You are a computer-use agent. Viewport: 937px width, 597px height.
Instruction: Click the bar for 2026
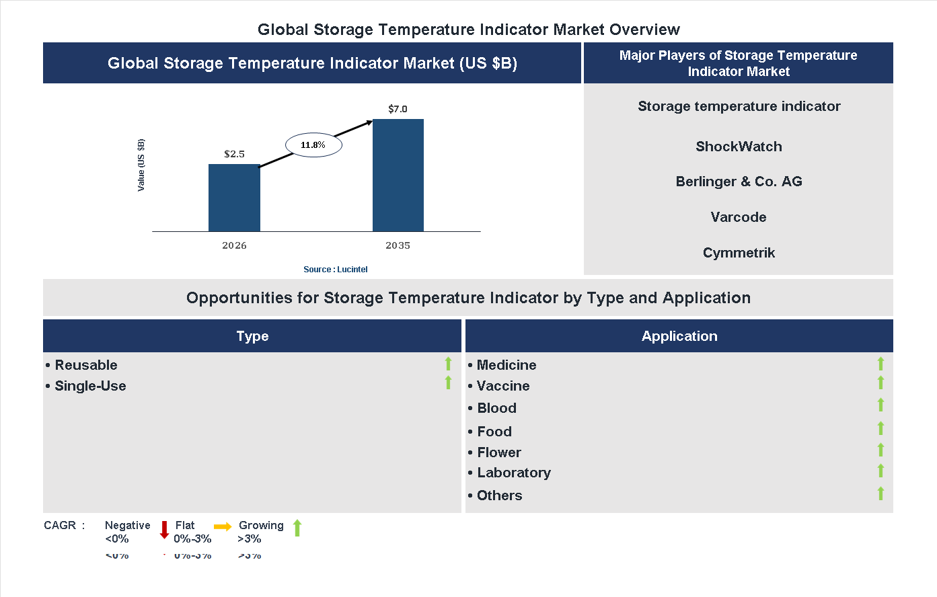pos(234,198)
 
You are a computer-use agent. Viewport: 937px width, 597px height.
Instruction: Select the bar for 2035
pos(398,175)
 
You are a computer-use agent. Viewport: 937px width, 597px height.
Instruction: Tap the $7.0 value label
pos(398,109)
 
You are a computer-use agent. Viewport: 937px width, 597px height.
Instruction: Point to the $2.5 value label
pos(234,154)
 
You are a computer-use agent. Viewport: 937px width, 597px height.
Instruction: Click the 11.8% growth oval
pos(313,145)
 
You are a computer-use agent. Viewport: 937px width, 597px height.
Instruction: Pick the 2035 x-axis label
pos(398,245)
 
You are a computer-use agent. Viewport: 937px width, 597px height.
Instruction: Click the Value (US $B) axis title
pos(141,165)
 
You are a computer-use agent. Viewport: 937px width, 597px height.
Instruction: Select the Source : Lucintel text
pos(335,270)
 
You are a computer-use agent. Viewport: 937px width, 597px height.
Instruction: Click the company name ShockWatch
pos(739,147)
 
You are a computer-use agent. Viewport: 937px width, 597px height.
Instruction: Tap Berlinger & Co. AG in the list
pos(739,182)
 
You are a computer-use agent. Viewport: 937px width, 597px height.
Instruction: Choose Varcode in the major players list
pos(739,217)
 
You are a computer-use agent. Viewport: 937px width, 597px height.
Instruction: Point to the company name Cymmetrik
pos(739,253)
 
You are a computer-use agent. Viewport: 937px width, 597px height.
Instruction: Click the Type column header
pos(252,336)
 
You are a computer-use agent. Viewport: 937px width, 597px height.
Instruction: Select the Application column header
pos(679,336)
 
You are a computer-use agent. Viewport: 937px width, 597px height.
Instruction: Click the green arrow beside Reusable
pos(448,364)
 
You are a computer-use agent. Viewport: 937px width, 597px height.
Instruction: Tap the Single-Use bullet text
pos(90,386)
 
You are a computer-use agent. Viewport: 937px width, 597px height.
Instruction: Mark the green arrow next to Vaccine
pos(880,383)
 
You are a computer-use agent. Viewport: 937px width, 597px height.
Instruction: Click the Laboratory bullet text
pos(513,473)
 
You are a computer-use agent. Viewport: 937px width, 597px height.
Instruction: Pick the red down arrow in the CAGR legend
pos(164,530)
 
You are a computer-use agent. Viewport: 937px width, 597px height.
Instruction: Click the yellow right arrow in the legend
pos(223,526)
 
